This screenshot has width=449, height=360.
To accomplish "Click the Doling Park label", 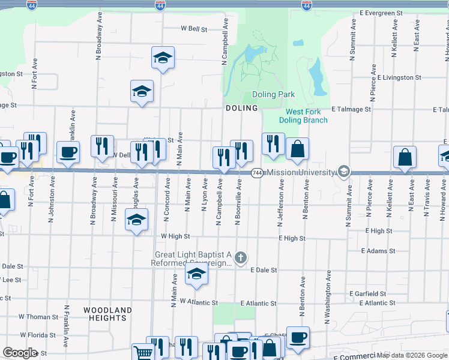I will pyautogui.click(x=273, y=94).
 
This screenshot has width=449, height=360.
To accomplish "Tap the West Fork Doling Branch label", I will pyautogui.click(x=306, y=116).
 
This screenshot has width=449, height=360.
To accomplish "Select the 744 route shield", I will pyautogui.click(x=257, y=173).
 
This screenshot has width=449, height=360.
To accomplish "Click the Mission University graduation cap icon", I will pyautogui.click(x=343, y=172).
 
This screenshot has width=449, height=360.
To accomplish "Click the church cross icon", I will pyautogui.click(x=240, y=259).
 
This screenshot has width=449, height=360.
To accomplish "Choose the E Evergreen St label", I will pyautogui.click(x=381, y=13).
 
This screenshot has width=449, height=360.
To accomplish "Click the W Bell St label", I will pyautogui.click(x=194, y=28).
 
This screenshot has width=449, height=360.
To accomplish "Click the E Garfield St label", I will pyautogui.click(x=368, y=293).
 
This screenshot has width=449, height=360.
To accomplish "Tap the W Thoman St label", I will pyautogui.click(x=38, y=317).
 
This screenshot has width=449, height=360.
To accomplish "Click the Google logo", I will pyautogui.click(x=20, y=353).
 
